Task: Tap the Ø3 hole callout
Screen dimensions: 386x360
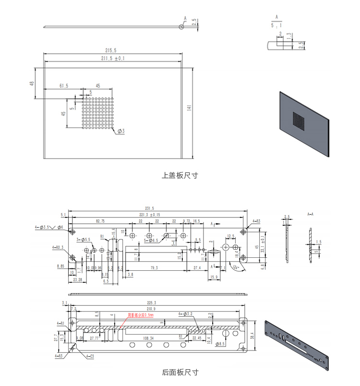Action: [x=121, y=131]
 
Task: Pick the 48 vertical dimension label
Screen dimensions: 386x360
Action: [x=32, y=83]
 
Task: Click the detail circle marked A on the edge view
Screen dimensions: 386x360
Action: [x=181, y=26]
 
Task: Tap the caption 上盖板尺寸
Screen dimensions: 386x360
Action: [x=180, y=175]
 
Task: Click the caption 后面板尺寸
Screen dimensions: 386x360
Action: [x=180, y=372]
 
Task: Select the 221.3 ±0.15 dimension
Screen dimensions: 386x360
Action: [x=149, y=215]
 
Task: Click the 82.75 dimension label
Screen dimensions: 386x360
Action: [x=100, y=221]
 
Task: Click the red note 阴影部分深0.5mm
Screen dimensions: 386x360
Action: [x=140, y=315]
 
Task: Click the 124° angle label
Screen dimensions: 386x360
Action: [x=236, y=267]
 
